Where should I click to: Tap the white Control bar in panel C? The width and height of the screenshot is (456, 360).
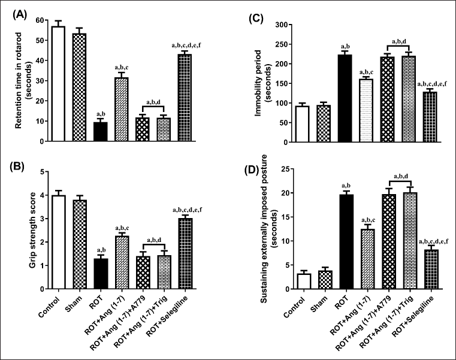[x=303, y=125]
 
